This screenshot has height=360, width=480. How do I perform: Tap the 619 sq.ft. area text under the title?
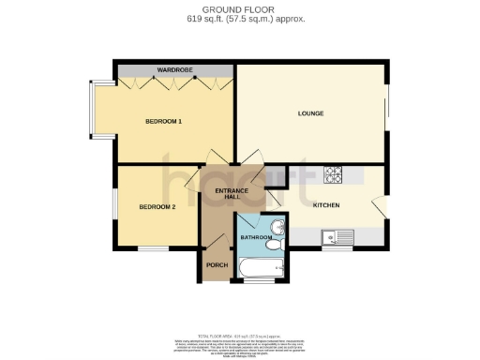[x=240, y=19]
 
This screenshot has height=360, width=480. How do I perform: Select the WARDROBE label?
[x=174, y=69]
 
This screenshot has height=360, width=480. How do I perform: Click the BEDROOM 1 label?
[x=163, y=122]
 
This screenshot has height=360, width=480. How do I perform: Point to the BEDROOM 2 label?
[x=157, y=206]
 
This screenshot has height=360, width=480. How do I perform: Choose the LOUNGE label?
[x=311, y=114]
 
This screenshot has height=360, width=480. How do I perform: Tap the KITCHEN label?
[x=325, y=205]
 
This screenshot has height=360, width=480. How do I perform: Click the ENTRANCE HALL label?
[x=232, y=194]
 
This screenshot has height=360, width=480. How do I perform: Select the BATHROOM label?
[x=256, y=238]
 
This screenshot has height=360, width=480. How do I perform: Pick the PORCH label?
[x=217, y=265]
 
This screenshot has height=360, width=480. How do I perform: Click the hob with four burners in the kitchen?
[x=335, y=174]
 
